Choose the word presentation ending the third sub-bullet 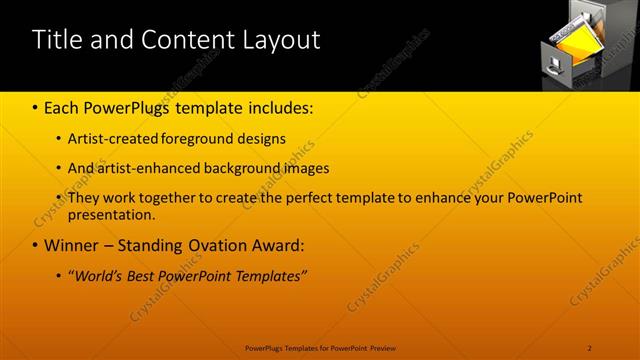point(111,214)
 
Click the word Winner point(71,245)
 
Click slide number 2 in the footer point(589,347)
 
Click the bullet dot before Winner point(35,246)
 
